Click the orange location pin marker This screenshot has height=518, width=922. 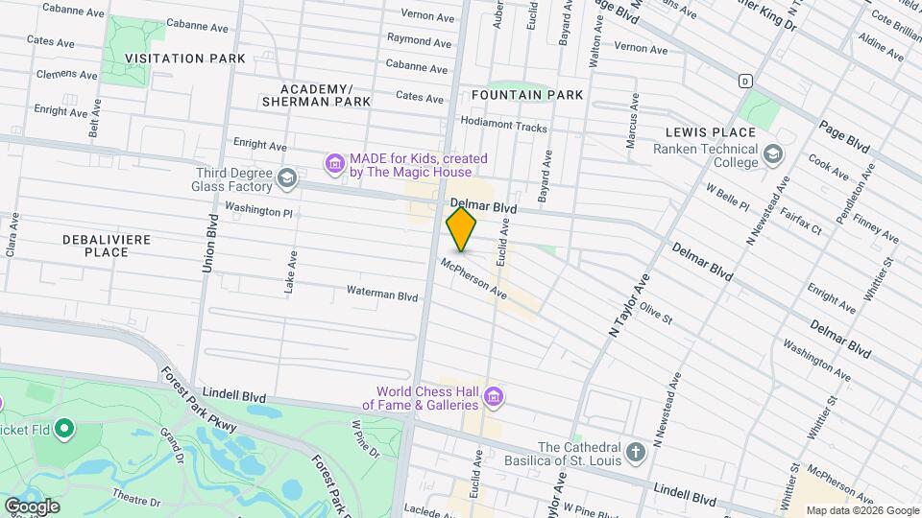(462, 229)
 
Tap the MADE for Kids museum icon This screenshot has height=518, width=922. (334, 165)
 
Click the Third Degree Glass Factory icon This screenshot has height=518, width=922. (286, 178)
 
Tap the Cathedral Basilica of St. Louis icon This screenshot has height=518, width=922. (635, 452)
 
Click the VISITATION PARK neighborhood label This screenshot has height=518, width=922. (185, 59)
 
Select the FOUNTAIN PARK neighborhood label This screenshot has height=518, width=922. (527, 95)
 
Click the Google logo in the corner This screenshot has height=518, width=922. (31, 506)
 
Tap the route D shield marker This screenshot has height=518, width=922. (744, 81)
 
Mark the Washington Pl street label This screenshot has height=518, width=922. (258, 208)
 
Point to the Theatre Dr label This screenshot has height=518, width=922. (135, 500)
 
